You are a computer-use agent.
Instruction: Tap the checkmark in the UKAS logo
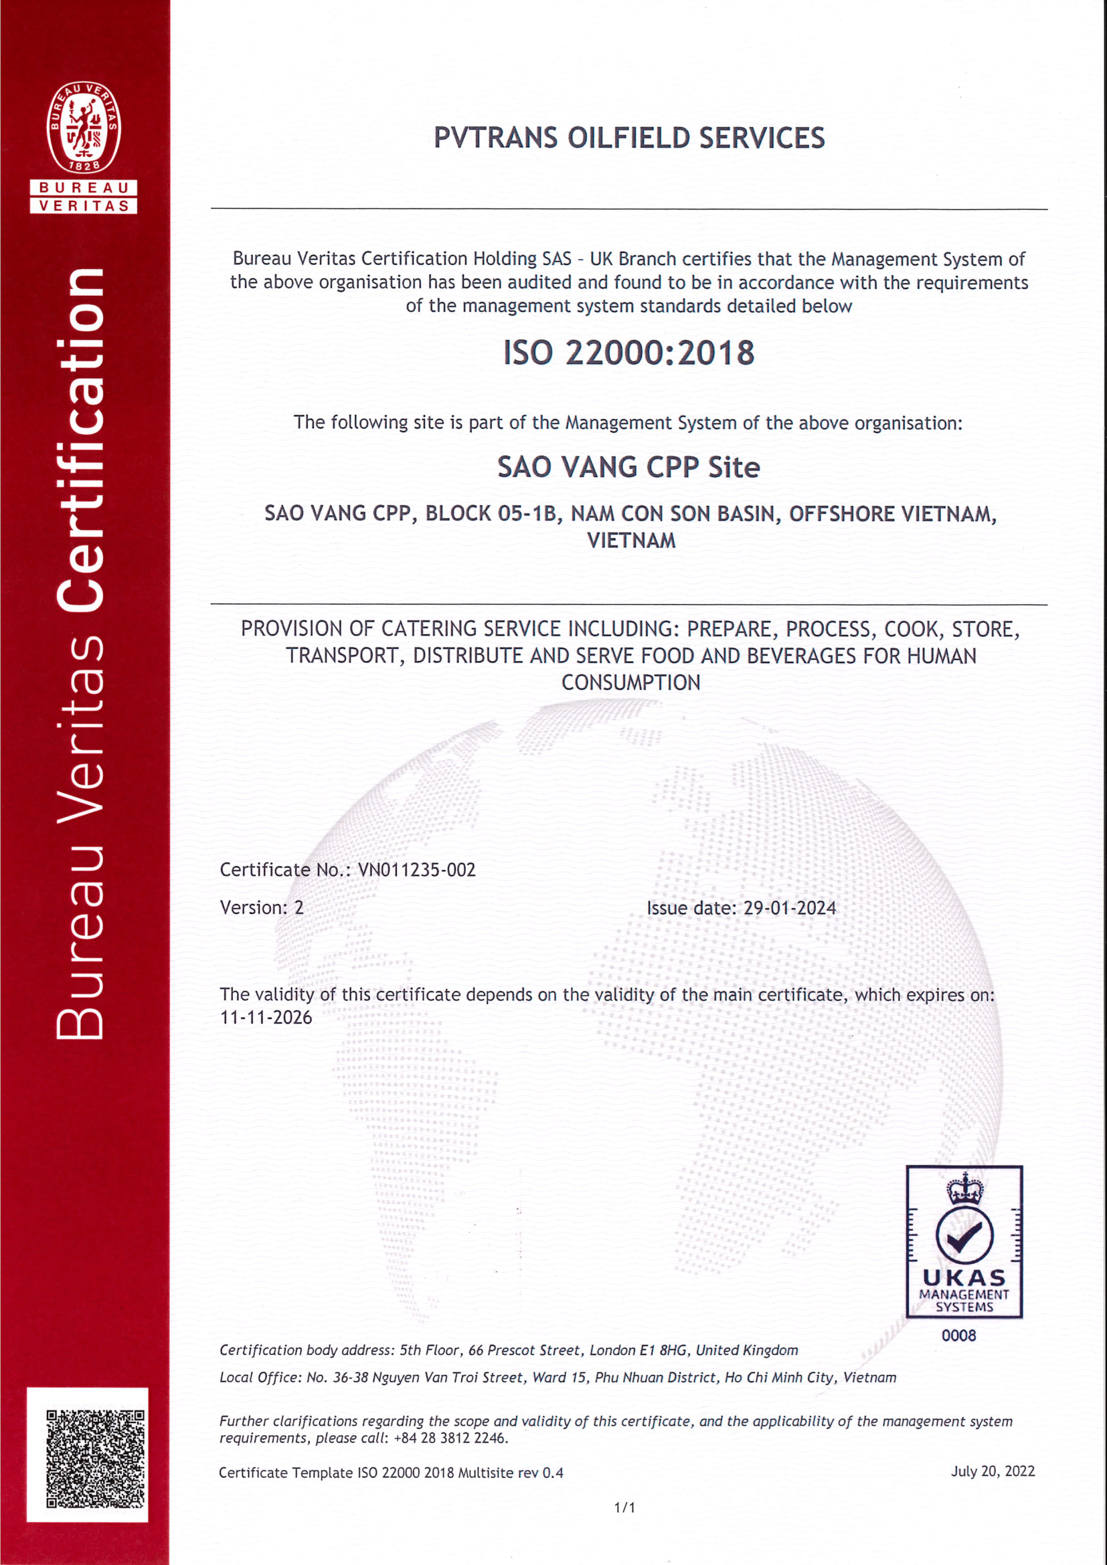pos(964,1235)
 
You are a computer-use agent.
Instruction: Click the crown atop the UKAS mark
pos(965,1190)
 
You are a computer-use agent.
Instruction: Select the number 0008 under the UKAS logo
pos(958,1336)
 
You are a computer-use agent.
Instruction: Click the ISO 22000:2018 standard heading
pos(628,353)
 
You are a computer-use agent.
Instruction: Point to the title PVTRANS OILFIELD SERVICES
pos(628,139)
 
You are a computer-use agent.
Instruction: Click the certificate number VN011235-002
pos(416,870)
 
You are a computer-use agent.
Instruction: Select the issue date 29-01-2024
pos(789,909)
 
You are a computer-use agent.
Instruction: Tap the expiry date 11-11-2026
pos(266,1018)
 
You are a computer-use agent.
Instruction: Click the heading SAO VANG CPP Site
pos(628,468)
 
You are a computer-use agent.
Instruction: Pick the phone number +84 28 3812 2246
pos(450,1439)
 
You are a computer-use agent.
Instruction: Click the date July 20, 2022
pos(993,1471)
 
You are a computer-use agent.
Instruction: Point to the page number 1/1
pos(624,1507)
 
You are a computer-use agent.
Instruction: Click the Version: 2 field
pos(262,908)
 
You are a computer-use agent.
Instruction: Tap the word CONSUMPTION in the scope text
pos(630,683)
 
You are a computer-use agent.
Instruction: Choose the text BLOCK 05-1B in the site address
pos(491,514)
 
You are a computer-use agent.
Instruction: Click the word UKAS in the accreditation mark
pos(964,1277)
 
